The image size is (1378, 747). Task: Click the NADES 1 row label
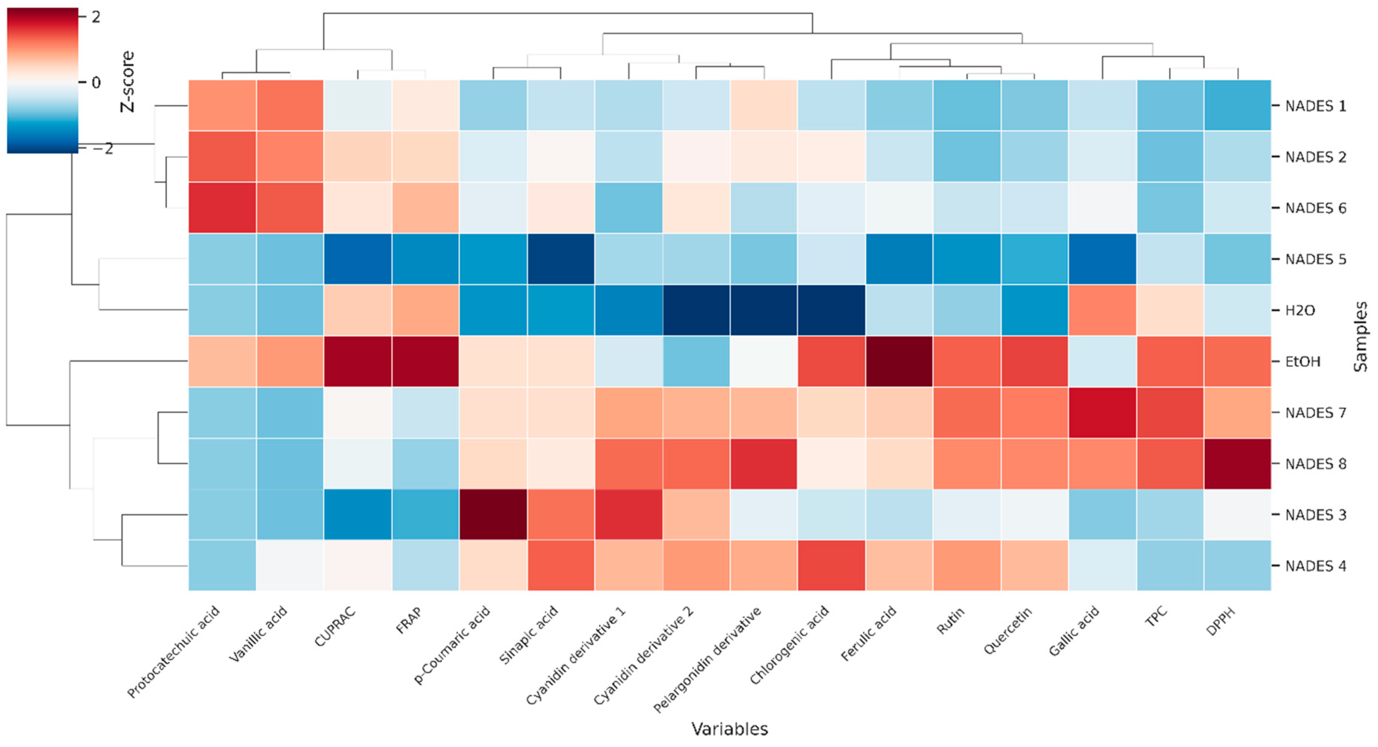pos(1316,106)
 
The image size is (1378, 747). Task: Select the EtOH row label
pos(1303,362)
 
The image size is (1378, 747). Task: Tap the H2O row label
pos(1300,310)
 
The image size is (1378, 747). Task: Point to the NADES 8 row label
pos(1316,464)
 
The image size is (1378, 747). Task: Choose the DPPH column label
pos(1221,621)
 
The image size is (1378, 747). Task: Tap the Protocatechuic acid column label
pos(173,652)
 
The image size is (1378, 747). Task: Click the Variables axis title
pos(729,729)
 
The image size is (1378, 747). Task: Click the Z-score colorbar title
pos(127,81)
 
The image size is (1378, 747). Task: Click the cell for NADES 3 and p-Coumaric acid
pos(493,514)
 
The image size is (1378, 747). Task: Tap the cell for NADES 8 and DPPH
pos(1237,464)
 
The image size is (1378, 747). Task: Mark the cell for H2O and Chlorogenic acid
pos(831,310)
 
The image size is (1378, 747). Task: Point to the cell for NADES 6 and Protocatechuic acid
pos(222,208)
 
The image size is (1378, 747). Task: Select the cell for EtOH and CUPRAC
pos(358,362)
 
